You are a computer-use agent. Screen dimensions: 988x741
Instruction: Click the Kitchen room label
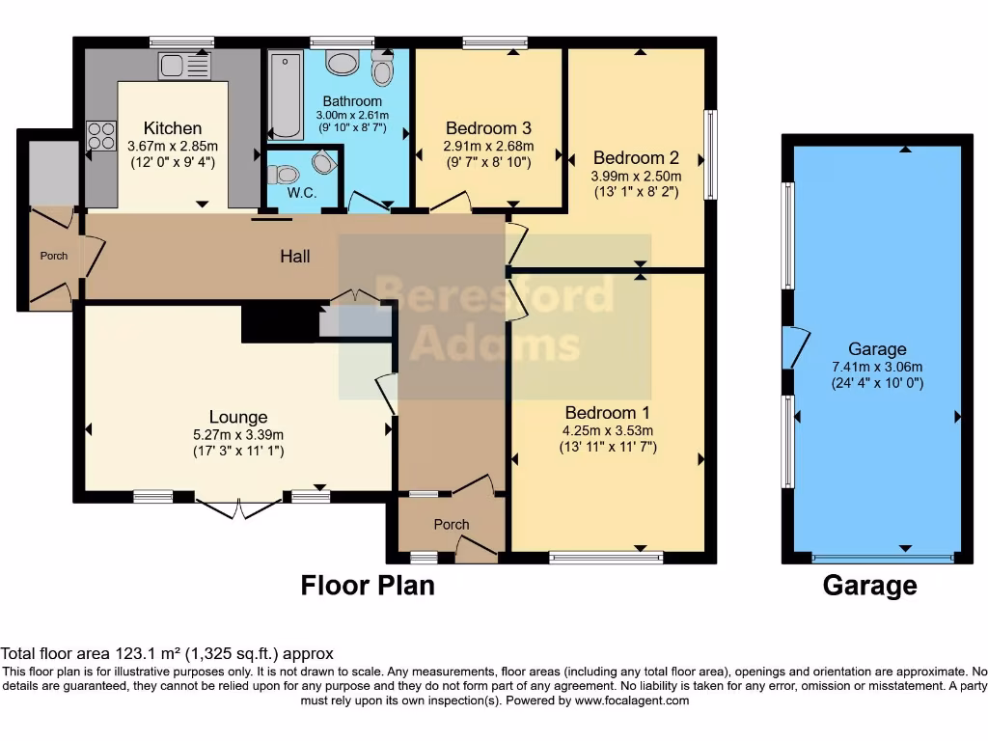tap(173, 128)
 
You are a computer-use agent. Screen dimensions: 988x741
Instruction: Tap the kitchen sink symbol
tap(184, 65)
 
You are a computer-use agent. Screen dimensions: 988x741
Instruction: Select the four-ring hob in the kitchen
tap(100, 136)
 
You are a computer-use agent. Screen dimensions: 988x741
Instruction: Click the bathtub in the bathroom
tap(286, 96)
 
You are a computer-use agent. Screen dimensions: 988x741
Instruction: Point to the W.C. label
tap(302, 193)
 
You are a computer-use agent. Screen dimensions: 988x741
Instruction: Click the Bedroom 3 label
tap(488, 128)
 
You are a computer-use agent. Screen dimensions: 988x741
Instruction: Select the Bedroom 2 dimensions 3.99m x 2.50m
tap(636, 176)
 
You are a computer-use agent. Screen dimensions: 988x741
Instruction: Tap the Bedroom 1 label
tap(607, 413)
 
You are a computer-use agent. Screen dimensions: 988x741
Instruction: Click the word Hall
tap(295, 256)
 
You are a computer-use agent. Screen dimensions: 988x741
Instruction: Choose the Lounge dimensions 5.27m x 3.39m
tap(238, 435)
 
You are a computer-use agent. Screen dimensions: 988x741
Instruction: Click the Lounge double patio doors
tap(238, 508)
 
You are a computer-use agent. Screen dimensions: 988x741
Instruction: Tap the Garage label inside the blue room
tap(877, 349)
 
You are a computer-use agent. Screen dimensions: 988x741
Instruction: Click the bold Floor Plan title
tap(368, 586)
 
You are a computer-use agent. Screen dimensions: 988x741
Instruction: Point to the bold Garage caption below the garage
tap(869, 586)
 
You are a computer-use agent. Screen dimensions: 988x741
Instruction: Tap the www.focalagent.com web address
tap(631, 700)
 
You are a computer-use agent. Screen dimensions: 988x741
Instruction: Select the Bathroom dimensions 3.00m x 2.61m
tap(352, 116)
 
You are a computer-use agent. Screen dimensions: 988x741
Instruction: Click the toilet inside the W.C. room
tap(283, 174)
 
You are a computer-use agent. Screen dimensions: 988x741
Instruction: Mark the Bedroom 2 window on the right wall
tap(711, 155)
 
